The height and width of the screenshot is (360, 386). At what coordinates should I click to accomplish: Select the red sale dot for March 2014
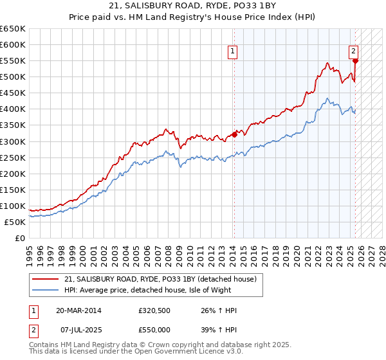[x=234, y=135]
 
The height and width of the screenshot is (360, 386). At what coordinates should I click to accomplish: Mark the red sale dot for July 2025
[x=355, y=61]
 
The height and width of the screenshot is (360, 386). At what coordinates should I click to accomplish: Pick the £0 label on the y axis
[x=20, y=238]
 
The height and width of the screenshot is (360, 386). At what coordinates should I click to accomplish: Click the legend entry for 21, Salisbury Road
[x=160, y=279]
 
